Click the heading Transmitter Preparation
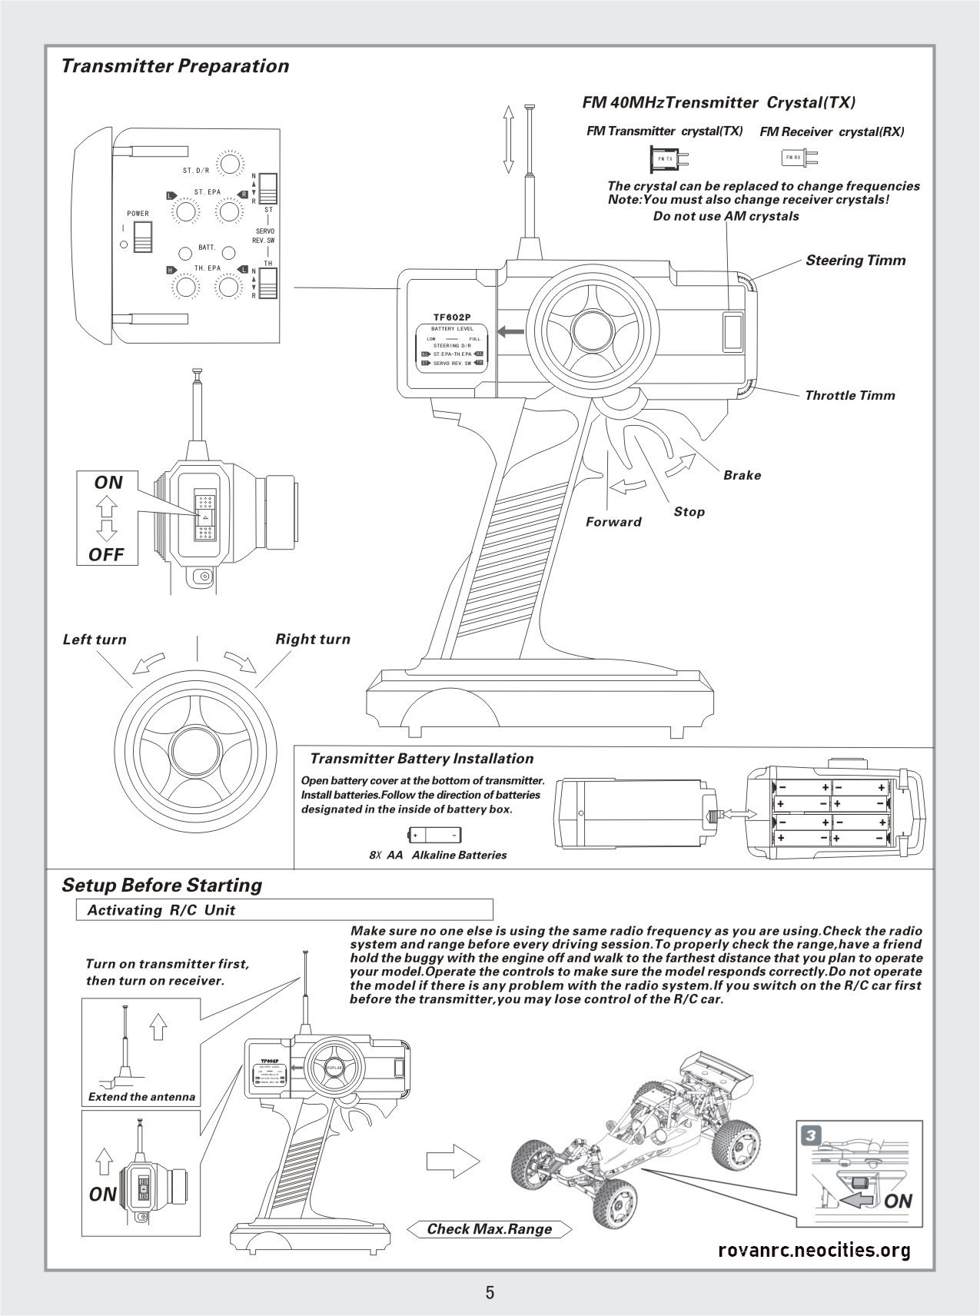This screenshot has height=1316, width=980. click(175, 66)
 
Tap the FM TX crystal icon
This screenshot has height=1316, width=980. click(666, 158)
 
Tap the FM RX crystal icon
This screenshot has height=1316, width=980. click(797, 158)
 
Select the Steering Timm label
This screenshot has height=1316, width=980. click(855, 261)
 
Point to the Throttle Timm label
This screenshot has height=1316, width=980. click(850, 396)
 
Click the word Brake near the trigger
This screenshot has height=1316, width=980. click(742, 475)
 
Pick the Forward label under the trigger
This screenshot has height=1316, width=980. click(613, 522)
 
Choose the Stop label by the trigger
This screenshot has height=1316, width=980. click(689, 511)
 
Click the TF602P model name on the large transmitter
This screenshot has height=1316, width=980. click(451, 317)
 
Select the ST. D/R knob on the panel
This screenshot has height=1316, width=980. click(229, 164)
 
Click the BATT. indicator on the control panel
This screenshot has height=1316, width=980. click(185, 253)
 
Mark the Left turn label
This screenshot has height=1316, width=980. click(95, 640)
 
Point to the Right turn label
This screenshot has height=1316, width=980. click(313, 639)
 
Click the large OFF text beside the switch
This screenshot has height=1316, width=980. click(106, 554)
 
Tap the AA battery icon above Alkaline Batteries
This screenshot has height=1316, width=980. click(434, 835)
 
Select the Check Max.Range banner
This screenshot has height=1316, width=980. click(490, 1229)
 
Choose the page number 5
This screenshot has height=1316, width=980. click(490, 1292)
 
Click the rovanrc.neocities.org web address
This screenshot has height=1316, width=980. click(814, 1250)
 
